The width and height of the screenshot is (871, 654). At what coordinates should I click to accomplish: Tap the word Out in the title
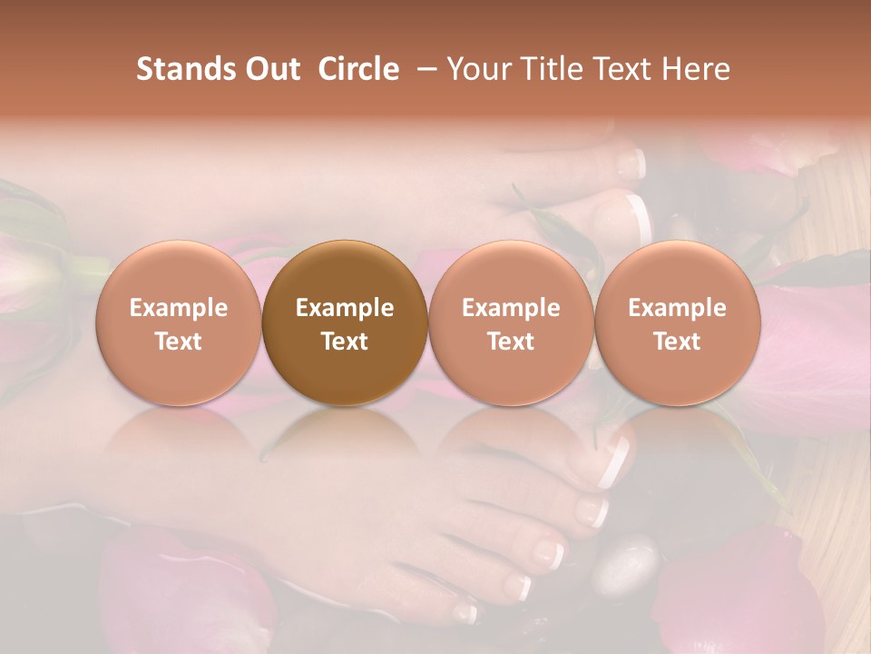[x=271, y=69]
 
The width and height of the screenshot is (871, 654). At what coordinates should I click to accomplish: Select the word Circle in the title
[x=358, y=69]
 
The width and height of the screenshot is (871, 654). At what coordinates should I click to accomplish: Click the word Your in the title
[x=475, y=69]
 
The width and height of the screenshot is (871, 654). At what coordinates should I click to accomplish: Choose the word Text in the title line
[x=619, y=69]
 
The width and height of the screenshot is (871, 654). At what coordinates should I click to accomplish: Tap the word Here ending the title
[x=695, y=69]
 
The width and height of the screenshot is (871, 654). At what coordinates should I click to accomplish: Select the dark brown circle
[x=345, y=324]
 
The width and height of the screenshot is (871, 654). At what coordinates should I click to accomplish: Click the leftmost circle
[x=179, y=324]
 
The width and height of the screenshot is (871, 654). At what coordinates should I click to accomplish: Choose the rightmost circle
[x=678, y=324]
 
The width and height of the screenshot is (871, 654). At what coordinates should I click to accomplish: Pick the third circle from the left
[x=511, y=324]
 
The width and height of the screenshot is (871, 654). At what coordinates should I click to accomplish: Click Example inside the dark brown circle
[x=345, y=308]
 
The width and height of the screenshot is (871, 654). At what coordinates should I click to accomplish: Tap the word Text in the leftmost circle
[x=179, y=342]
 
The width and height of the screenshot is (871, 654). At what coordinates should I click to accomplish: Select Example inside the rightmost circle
[x=678, y=308]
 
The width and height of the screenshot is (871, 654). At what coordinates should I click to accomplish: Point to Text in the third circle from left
[x=511, y=342]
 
